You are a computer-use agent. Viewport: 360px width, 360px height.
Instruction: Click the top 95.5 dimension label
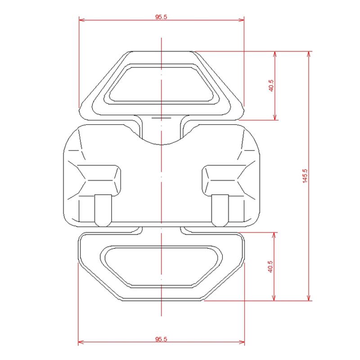click(x=161, y=17)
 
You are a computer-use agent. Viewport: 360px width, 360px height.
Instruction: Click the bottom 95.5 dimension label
click(x=161, y=339)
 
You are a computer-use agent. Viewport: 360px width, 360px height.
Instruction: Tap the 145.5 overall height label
click(x=305, y=176)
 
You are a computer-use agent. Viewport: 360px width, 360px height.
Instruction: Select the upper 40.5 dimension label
click(x=271, y=85)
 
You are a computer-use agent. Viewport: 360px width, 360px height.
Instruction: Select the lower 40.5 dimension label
click(x=270, y=266)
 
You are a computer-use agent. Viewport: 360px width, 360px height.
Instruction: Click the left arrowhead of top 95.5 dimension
click(x=81, y=20)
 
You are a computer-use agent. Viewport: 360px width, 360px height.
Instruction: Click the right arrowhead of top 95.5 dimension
click(x=241, y=20)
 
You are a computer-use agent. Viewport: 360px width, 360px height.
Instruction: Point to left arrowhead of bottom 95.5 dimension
click(x=81, y=342)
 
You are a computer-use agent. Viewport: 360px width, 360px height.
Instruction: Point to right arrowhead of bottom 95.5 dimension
click(x=242, y=342)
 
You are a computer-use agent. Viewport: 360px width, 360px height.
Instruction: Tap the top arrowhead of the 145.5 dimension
click(x=309, y=54)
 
